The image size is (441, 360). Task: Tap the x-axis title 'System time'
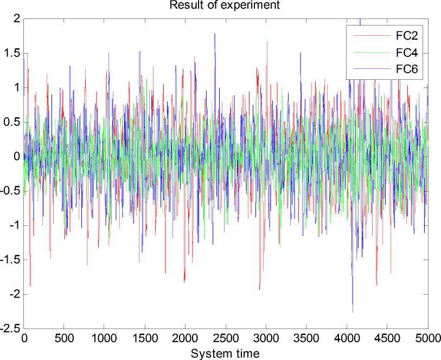point(225,353)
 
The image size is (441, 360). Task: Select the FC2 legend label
point(406,36)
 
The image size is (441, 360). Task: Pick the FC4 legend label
point(406,53)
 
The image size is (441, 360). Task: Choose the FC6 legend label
point(406,69)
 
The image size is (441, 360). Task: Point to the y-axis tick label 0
point(17,156)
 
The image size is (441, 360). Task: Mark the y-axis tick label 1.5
point(13,53)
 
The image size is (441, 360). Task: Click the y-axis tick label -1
point(15,225)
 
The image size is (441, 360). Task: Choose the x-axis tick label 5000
point(426,338)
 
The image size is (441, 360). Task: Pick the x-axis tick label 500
point(64,338)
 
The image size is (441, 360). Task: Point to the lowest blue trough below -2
point(353,312)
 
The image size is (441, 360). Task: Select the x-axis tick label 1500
point(145,338)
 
